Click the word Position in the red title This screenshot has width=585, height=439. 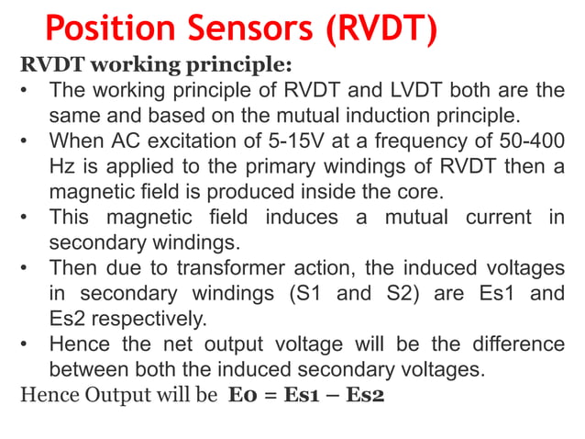tap(110, 29)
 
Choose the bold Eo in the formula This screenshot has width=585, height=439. tap(241, 397)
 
